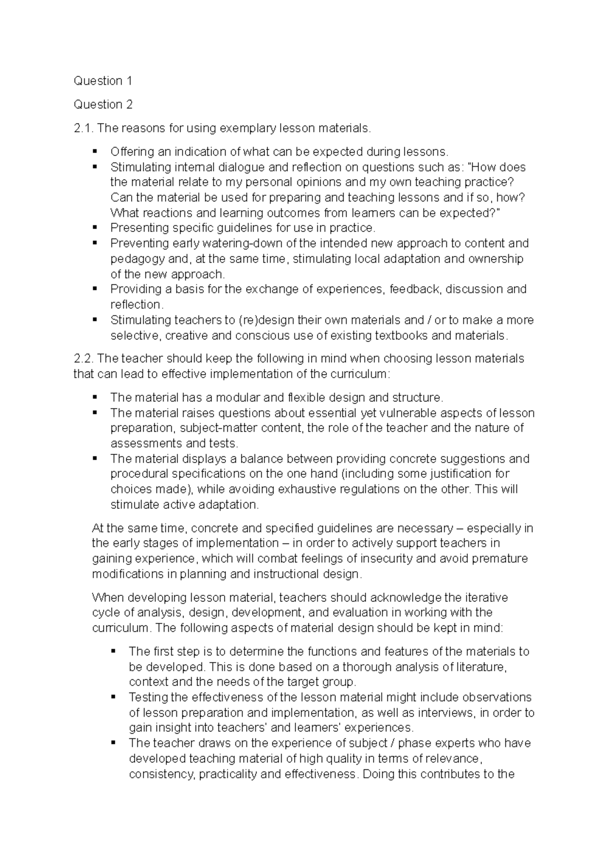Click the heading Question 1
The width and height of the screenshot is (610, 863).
tap(103, 81)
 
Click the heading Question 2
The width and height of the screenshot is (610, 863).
tap(103, 104)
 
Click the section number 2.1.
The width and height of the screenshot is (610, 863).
tap(83, 128)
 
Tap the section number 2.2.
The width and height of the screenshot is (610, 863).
tap(83, 359)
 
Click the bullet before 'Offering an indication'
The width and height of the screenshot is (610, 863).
tap(95, 151)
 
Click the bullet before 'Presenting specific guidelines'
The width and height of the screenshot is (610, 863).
tap(95, 227)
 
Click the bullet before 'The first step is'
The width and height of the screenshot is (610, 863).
tap(113, 651)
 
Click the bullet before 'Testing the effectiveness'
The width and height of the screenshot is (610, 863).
tap(113, 697)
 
